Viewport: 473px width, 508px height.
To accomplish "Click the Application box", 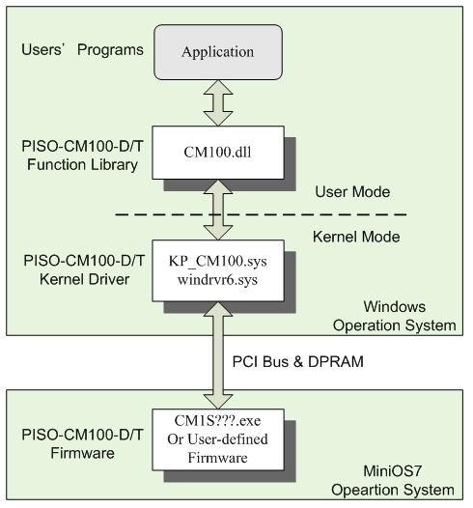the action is (x=218, y=52).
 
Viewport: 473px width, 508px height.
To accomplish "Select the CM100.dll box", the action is (x=218, y=153).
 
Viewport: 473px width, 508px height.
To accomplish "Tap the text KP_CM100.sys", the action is (x=218, y=261).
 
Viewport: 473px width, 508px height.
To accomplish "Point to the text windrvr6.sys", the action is (x=217, y=280).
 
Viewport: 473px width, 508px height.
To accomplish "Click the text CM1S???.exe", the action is (x=217, y=421).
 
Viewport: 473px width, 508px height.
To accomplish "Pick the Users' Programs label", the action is (x=82, y=50).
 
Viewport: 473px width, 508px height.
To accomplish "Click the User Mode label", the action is (x=352, y=192).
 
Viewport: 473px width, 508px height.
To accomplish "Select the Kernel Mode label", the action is (x=356, y=237).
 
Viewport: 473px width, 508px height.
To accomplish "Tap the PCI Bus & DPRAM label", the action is (x=298, y=361).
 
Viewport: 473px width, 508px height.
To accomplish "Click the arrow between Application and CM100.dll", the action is (x=218, y=103).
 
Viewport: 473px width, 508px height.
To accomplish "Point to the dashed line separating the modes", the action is (x=261, y=214).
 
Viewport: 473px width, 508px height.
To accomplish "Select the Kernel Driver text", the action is (x=84, y=279).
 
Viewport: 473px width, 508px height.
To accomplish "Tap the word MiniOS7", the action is (x=392, y=471).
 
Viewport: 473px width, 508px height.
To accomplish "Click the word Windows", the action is (x=395, y=307).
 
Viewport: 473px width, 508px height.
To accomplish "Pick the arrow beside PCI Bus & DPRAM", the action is (x=218, y=355).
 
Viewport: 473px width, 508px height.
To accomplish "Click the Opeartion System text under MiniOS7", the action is (x=392, y=491).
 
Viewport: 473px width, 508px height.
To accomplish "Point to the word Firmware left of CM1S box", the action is (x=82, y=453).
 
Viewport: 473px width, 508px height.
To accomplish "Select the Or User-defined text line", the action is (x=217, y=439).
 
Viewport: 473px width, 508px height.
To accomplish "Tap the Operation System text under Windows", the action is (x=395, y=325).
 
